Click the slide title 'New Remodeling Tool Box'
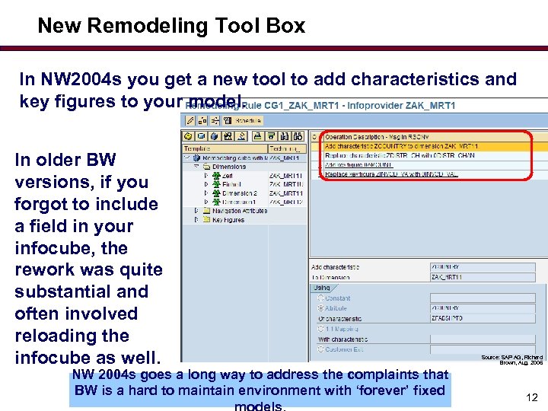(171, 26)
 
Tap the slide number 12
(532, 397)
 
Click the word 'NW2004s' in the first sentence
(75, 79)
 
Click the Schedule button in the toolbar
(247, 120)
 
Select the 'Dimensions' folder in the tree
(228, 166)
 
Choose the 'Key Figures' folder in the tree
(228, 219)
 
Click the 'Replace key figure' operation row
(391, 174)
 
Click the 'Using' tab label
(321, 287)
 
